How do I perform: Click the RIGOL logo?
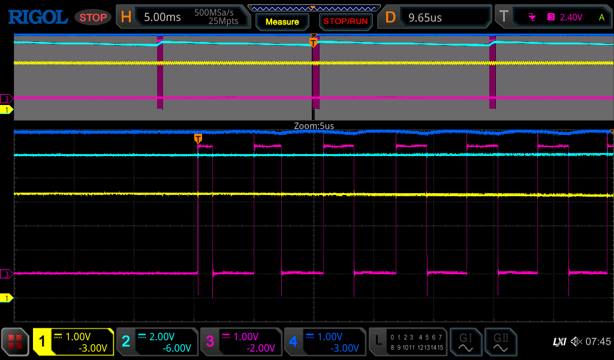38,17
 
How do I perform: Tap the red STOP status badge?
93,17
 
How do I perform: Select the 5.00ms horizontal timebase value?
162,17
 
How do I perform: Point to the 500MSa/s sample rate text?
214,13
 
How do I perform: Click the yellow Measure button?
282,22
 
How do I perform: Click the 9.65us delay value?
425,17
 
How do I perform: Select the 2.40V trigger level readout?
571,17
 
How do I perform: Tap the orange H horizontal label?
126,17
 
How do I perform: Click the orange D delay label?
390,17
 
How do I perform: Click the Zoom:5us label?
314,126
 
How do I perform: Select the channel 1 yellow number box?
43,341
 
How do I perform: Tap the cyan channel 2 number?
126,341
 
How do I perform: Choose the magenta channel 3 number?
210,341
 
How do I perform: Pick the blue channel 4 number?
293,341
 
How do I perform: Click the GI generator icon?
465,342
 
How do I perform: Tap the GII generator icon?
501,342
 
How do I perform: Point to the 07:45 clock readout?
598,341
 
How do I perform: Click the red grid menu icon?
15,342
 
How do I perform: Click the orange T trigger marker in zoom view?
198,139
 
